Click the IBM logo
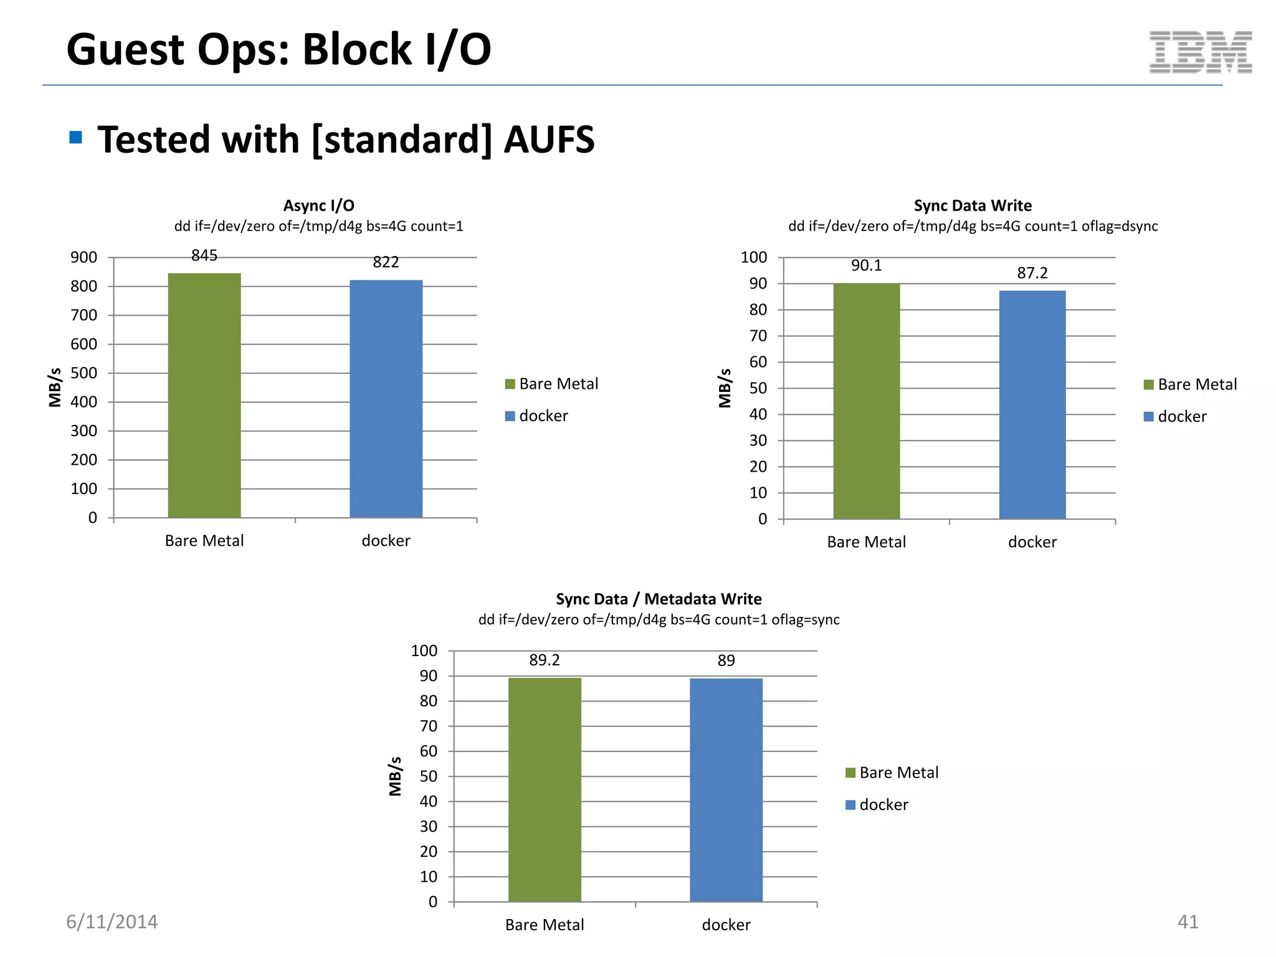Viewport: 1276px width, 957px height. [1200, 52]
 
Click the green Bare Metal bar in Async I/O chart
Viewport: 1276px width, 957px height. [204, 395]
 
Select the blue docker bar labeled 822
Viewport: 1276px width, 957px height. [386, 399]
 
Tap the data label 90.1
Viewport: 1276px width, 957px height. [866, 266]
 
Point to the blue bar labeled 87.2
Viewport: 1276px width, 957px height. [1032, 404]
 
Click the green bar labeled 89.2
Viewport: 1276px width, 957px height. [545, 789]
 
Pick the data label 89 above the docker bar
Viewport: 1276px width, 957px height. [726, 660]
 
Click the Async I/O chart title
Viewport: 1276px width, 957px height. [318, 206]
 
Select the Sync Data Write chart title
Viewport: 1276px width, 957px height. [972, 206]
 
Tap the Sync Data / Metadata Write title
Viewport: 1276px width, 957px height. [659, 599]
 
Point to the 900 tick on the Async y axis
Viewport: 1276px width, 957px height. [83, 257]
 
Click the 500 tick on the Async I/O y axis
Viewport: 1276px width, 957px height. [83, 373]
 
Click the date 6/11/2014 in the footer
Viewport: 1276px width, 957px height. [112, 921]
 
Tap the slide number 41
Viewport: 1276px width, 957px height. [1188, 921]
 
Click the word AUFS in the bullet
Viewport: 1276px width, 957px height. [548, 139]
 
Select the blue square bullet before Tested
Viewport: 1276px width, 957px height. [76, 137]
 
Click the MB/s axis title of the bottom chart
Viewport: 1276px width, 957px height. [395, 776]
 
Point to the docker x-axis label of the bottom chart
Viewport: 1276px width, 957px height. [726, 925]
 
